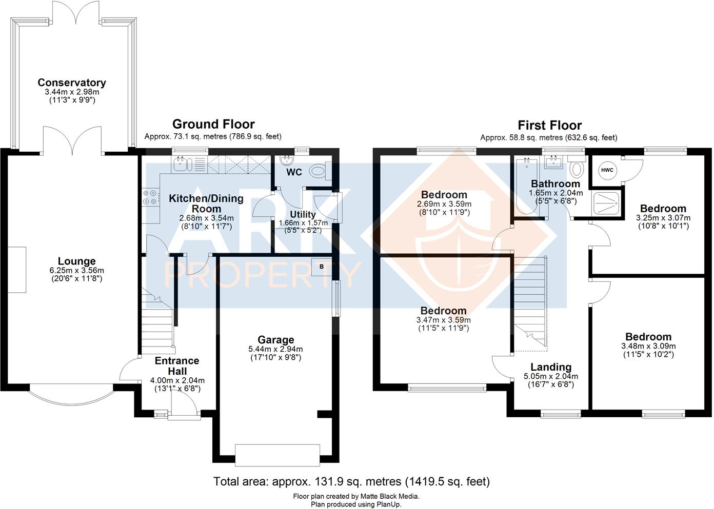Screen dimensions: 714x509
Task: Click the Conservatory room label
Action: pyautogui.click(x=72, y=83)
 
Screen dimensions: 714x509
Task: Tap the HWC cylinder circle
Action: pyautogui.click(x=607, y=170)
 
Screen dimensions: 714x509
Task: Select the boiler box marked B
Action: pyautogui.click(x=321, y=267)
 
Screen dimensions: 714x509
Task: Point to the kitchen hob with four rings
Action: pyautogui.click(x=150, y=197)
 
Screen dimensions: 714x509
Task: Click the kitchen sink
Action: pyautogui.click(x=182, y=165)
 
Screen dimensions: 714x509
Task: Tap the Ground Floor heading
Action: pyautogui.click(x=213, y=124)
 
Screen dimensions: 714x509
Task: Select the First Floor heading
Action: pyautogui.click(x=549, y=125)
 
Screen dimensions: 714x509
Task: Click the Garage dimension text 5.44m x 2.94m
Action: pyautogui.click(x=276, y=349)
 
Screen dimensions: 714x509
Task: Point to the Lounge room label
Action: pyautogui.click(x=77, y=261)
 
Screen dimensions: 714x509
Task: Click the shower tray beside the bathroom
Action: pyautogui.click(x=606, y=203)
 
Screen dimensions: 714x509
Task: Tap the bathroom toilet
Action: pyautogui.click(x=577, y=166)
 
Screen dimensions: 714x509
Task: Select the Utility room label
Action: pyautogui.click(x=303, y=214)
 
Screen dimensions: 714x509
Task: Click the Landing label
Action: pyautogui.click(x=551, y=367)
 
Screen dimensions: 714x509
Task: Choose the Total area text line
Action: pyautogui.click(x=351, y=481)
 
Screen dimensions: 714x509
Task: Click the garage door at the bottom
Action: pyautogui.click(x=277, y=455)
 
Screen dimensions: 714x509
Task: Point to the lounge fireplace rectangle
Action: pyautogui.click(x=17, y=270)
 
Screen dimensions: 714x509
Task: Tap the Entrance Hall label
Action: pyautogui.click(x=177, y=365)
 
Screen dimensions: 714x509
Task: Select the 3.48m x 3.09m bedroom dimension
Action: pyautogui.click(x=648, y=346)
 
